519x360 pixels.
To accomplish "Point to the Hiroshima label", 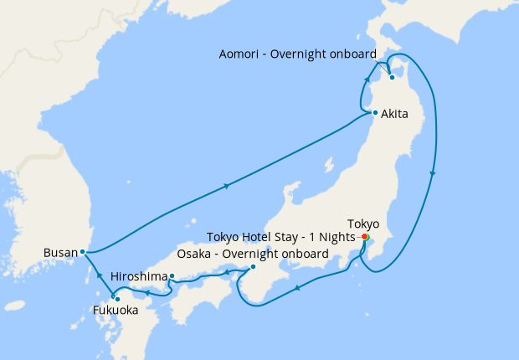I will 138,276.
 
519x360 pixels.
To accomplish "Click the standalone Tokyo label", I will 363,224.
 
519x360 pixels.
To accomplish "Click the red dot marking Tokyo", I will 365,237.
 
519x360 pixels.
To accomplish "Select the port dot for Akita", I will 375,113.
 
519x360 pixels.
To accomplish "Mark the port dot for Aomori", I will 391,79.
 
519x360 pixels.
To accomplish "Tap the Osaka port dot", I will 253,267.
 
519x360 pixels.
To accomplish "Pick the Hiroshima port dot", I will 172,276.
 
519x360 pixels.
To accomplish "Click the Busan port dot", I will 82,251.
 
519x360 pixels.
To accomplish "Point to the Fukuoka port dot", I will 117,299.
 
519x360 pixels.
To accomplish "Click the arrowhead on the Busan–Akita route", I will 227,187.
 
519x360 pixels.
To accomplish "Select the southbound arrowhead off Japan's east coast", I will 433,173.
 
